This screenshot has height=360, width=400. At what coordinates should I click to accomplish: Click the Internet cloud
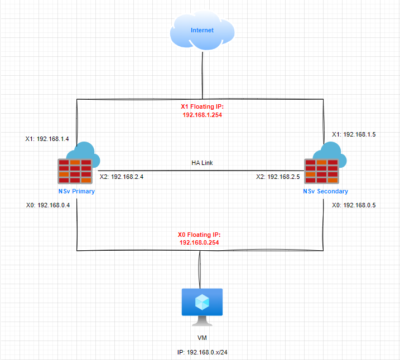pyautogui.click(x=201, y=31)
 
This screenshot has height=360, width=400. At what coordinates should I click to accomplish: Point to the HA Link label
pyautogui.click(x=201, y=163)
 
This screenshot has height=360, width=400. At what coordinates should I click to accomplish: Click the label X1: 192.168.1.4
pyautogui.click(x=47, y=139)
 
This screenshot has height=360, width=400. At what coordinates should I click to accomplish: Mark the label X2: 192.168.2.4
pyautogui.click(x=125, y=177)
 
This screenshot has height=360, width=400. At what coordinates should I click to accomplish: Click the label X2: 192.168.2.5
pyautogui.click(x=278, y=177)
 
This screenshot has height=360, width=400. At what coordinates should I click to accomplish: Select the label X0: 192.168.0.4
pyautogui.click(x=47, y=205)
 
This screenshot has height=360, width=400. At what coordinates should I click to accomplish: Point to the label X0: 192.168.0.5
pyautogui.click(x=354, y=205)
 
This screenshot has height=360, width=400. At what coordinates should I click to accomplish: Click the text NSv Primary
pyautogui.click(x=76, y=191)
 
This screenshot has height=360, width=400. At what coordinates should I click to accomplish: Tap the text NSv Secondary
pyautogui.click(x=325, y=191)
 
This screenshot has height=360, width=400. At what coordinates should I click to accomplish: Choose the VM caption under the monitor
pyautogui.click(x=201, y=338)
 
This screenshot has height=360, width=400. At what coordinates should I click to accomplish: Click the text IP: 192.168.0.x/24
pyautogui.click(x=201, y=352)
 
